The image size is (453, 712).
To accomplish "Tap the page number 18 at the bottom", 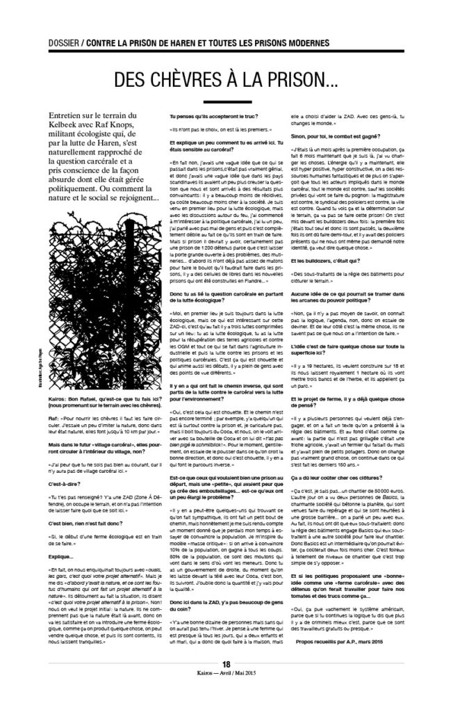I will pyautogui.click(x=226, y=683).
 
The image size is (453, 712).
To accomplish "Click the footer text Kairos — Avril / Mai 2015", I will pyautogui.click(x=226, y=693).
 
